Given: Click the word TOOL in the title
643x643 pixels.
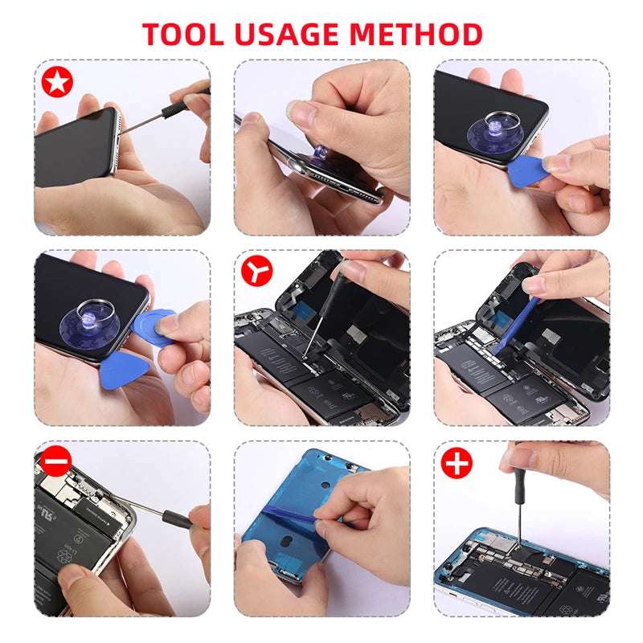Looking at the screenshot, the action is tap(183, 34).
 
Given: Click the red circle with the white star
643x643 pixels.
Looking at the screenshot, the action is tap(57, 82).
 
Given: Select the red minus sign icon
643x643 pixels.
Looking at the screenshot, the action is tap(55, 461).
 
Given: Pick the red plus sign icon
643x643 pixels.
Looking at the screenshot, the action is tap(457, 463).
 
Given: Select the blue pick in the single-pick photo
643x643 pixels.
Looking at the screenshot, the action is tap(529, 171).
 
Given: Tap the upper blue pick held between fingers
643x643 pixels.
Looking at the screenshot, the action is tap(153, 327).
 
